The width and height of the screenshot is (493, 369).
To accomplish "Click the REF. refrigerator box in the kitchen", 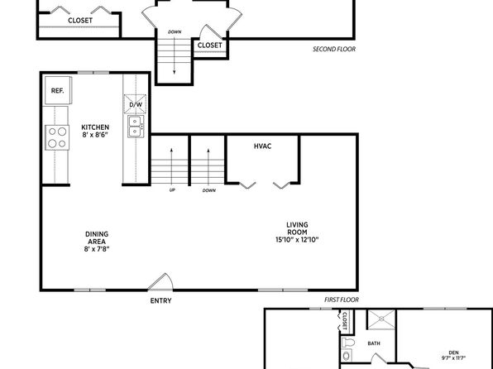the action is [58, 90].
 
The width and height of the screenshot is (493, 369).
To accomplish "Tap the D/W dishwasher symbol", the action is [135, 103].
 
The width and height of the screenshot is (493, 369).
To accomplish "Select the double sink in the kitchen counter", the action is [136, 127].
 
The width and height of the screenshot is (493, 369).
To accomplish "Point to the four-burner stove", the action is [57, 137].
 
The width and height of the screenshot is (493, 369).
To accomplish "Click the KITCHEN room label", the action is [95, 127].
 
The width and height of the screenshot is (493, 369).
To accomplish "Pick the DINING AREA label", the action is [97, 237].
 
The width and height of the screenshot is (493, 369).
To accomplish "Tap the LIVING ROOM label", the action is [297, 228].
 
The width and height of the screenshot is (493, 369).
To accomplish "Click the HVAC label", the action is [262, 146].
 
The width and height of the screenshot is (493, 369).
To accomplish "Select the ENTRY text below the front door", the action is [160, 300].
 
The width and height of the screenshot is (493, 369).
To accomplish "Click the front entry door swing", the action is [161, 281].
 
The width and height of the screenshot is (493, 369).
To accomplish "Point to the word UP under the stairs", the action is [172, 190].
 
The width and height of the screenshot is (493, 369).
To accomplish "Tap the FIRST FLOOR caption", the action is [342, 300].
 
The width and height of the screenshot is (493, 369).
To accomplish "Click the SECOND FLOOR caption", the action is [334, 49].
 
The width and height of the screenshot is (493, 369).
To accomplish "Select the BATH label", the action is [374, 343].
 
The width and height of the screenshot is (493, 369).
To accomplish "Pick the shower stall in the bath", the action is [381, 319].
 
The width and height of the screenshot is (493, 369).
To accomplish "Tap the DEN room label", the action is [453, 353].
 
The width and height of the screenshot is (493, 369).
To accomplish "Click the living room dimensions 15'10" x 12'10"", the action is [297, 240].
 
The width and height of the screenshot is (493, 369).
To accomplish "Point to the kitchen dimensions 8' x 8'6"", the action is [95, 135].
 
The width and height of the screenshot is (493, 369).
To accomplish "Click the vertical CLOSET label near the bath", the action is [344, 320].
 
